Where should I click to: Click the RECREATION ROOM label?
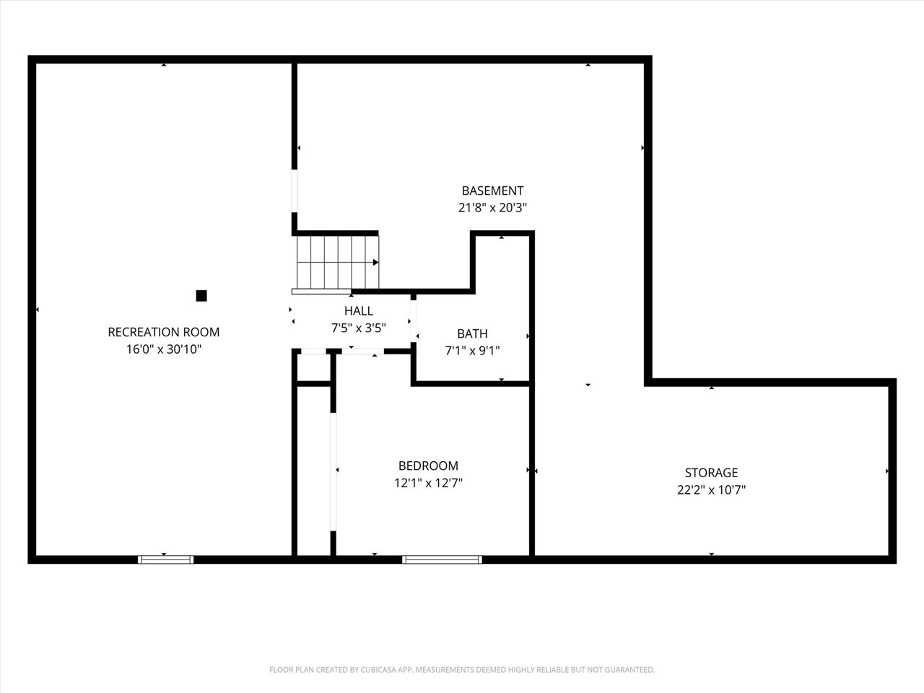[164, 332]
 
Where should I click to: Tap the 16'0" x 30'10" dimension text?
[164, 349]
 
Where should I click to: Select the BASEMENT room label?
[492, 191]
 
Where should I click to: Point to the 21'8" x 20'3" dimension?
[492, 207]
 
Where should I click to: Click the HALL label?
[359, 310]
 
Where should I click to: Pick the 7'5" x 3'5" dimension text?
[359, 328]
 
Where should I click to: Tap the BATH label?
[472, 334]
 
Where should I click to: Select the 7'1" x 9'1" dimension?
[472, 351]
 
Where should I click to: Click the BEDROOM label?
[428, 466]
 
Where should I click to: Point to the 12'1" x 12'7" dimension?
[428, 483]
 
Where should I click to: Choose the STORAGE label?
[711, 473]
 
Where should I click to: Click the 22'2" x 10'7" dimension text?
[711, 489]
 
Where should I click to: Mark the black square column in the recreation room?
[201, 296]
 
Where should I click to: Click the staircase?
[338, 262]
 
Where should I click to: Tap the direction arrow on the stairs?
[376, 263]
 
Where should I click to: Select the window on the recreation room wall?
[166, 559]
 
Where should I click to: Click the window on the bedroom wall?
[442, 559]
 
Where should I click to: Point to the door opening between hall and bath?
[414, 321]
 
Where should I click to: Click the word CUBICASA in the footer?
[379, 669]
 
